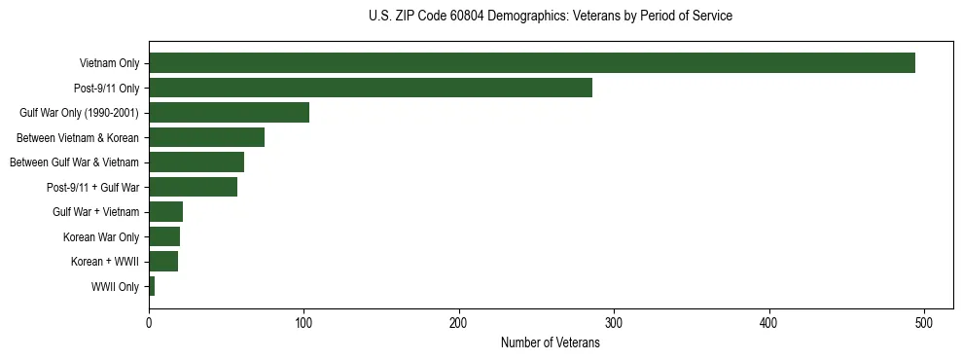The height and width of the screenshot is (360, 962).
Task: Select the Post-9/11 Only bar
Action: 370,88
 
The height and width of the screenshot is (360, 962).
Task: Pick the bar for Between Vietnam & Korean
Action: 206,137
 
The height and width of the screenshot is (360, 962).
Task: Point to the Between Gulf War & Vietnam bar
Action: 196,162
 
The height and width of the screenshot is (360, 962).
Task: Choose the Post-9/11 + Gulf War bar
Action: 193,187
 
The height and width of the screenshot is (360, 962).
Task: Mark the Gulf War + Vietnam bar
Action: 165,212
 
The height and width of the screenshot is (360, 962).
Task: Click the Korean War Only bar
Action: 164,236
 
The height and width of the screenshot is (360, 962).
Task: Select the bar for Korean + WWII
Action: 163,262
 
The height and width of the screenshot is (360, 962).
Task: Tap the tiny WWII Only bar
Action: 152,286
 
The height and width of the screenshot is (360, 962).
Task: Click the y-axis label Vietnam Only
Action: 109,64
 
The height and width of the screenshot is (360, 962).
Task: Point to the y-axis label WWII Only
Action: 115,287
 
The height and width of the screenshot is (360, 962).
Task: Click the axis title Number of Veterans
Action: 550,343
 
